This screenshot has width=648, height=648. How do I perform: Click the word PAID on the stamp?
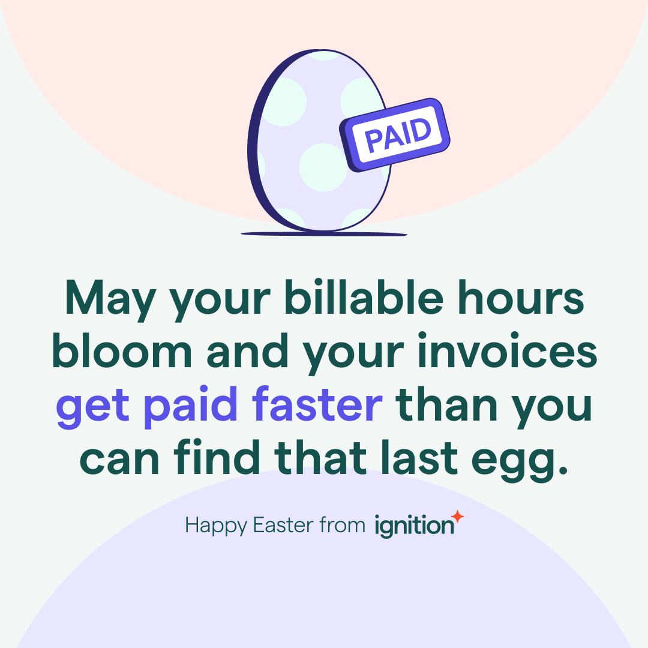coord(397,135)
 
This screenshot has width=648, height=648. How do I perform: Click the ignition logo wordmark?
coord(413,526)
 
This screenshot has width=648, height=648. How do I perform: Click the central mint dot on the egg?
coord(323,167)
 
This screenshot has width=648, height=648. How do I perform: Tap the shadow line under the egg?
coord(323,233)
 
